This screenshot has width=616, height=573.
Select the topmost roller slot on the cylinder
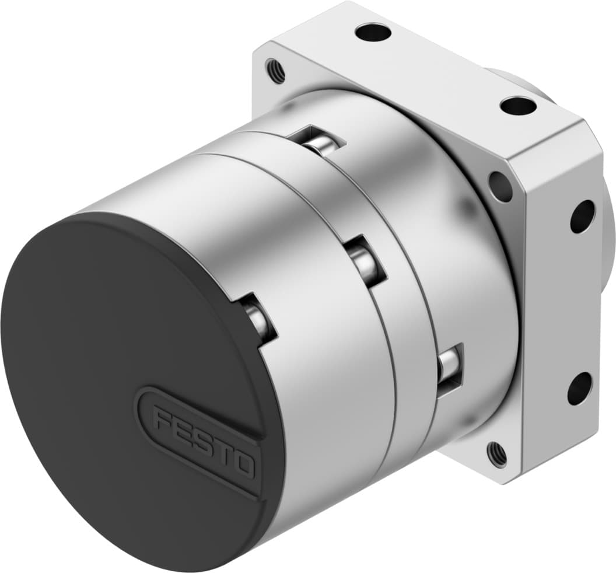pyautogui.click(x=321, y=143)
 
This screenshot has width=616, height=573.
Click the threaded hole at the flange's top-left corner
pyautogui.click(x=275, y=71)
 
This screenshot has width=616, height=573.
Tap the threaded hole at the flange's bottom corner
pyautogui.click(x=496, y=452)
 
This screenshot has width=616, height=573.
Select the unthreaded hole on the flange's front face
pyautogui.click(x=501, y=186)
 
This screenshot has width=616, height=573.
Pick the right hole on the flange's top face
pyautogui.click(x=517, y=106)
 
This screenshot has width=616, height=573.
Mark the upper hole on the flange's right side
pyautogui.click(x=582, y=216)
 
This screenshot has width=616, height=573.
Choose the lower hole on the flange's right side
pyautogui.click(x=579, y=388)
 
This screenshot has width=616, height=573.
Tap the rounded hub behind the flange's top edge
pyautogui.click(x=519, y=82)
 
